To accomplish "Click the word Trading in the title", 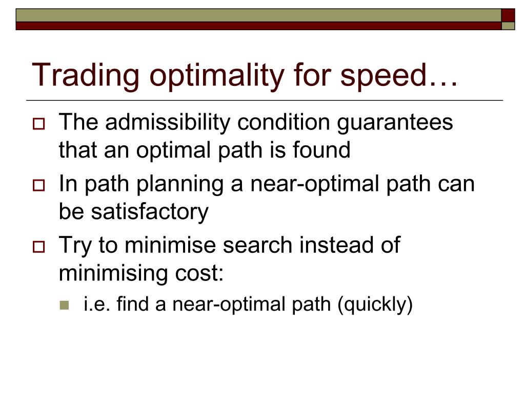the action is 86,76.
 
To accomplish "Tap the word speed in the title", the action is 383,76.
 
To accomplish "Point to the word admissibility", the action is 168,122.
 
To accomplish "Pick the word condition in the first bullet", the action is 284,122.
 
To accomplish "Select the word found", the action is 321,150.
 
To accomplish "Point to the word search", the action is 257,245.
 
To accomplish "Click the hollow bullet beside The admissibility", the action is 38,124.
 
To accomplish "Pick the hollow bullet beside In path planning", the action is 38,185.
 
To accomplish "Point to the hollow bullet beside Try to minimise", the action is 38,247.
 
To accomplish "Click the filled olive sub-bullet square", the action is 64,305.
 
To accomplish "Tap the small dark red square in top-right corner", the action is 508,15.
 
